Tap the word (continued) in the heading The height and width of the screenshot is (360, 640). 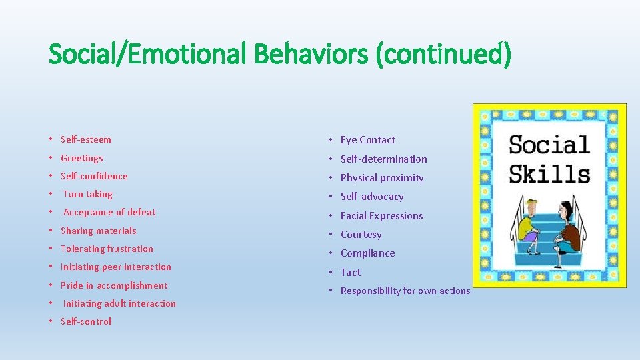click(443, 54)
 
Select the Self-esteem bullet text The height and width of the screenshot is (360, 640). click(86, 139)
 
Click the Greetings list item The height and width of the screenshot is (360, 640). click(82, 158)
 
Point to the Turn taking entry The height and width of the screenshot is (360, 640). click(88, 194)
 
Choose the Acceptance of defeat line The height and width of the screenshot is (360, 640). click(109, 212)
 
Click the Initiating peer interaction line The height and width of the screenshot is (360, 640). click(116, 267)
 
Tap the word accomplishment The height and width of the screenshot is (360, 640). click(132, 285)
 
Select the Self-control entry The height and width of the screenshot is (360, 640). click(86, 321)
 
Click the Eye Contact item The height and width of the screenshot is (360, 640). click(368, 140)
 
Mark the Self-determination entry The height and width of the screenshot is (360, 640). click(384, 159)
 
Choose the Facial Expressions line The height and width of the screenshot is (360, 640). click(382, 216)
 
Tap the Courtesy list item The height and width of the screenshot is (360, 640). click(361, 235)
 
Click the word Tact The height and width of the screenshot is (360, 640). click(351, 272)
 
